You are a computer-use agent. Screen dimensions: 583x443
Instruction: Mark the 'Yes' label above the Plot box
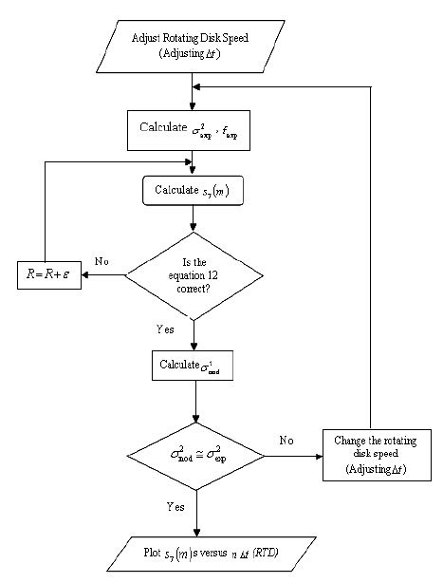pos(175,507)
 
